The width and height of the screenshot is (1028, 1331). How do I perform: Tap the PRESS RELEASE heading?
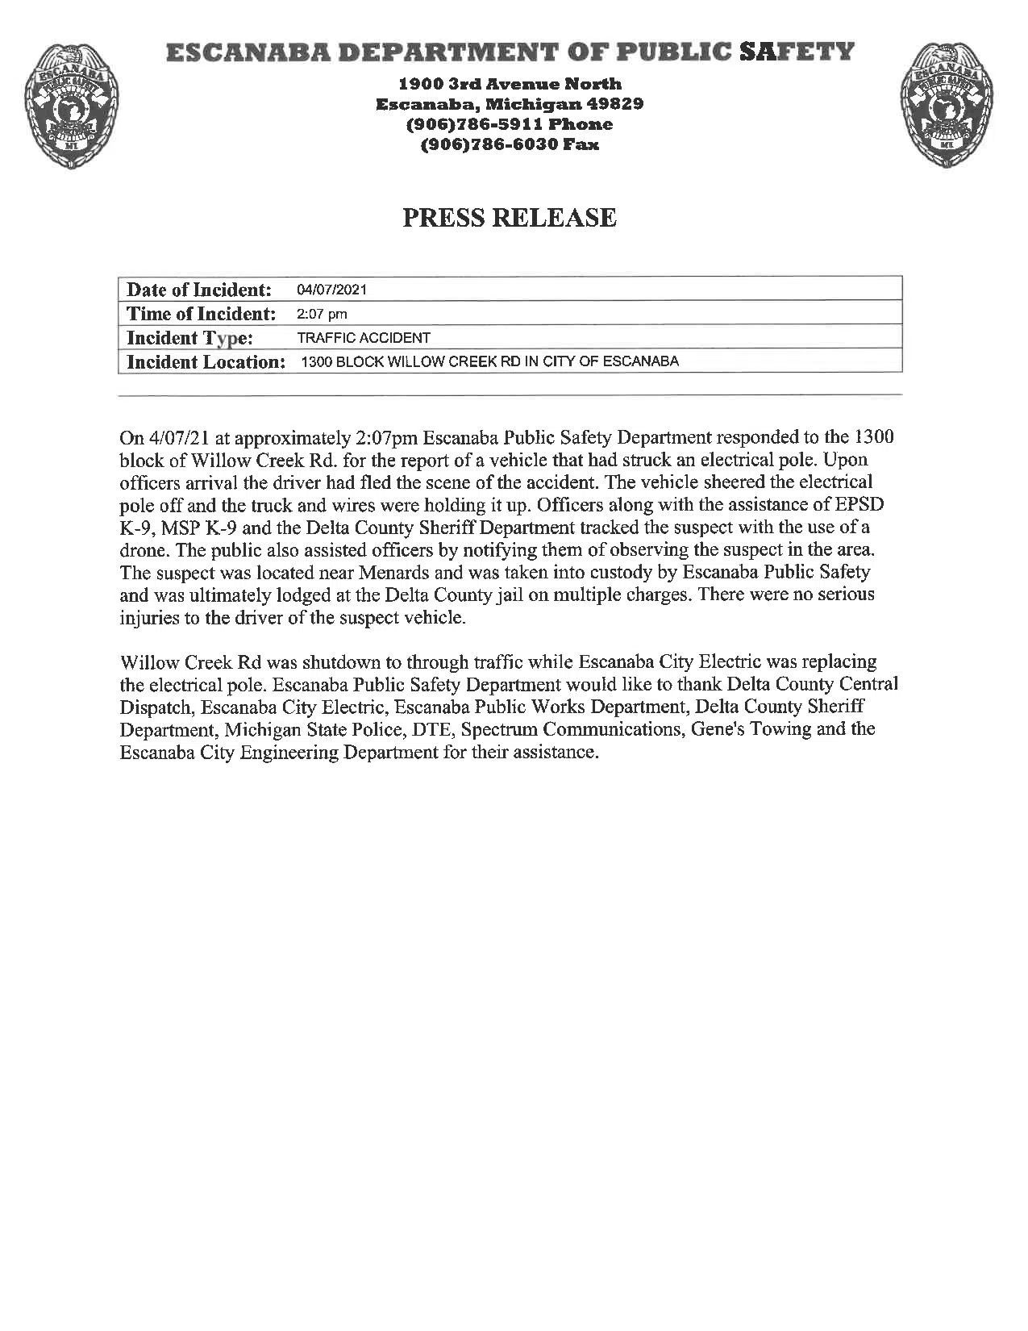(x=510, y=218)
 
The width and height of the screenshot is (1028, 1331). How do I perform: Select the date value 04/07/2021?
(x=331, y=290)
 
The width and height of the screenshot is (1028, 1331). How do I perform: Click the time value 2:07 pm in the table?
(x=322, y=314)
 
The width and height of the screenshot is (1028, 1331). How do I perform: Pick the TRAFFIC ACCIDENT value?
(x=364, y=338)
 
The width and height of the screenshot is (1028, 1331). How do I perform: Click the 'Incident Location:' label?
(x=206, y=361)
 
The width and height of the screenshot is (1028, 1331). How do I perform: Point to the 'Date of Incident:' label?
(x=199, y=290)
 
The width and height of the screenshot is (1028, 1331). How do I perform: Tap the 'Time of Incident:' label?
(x=202, y=314)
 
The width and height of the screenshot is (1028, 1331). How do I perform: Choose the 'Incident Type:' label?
(x=190, y=338)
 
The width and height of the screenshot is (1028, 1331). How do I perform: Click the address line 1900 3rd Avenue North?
(x=510, y=84)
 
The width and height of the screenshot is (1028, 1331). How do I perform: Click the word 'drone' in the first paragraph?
(x=141, y=550)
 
